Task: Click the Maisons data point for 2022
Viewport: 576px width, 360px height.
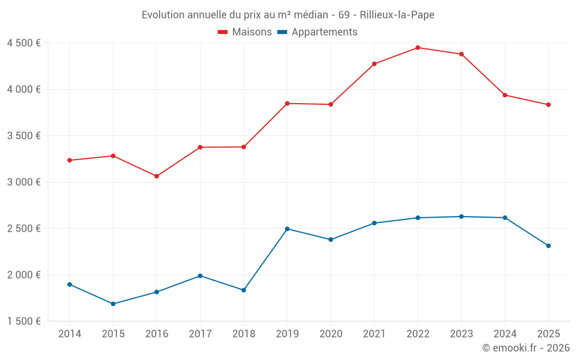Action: point(418,48)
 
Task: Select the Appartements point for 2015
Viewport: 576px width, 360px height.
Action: point(113,304)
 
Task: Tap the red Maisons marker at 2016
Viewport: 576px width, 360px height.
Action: point(157,176)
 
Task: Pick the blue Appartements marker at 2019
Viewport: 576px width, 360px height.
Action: point(287,229)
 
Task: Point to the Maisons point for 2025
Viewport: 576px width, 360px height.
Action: point(548,105)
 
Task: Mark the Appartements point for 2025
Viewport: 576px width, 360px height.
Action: point(548,246)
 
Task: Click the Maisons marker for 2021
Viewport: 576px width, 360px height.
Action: point(374,64)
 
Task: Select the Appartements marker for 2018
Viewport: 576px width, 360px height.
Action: point(244,290)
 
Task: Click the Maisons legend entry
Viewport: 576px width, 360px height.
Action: point(245,32)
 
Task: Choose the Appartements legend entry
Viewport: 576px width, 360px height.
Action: point(317,32)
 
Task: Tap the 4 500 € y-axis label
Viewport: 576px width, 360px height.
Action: point(24,43)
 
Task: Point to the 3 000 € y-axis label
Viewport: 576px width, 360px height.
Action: point(24,182)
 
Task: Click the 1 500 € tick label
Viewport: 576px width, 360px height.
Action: point(24,321)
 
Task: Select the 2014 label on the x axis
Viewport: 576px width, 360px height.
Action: point(70,334)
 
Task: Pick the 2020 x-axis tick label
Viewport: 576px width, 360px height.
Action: point(331,334)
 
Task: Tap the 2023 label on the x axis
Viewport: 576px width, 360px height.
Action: point(461,334)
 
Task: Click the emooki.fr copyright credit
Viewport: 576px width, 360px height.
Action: point(525,348)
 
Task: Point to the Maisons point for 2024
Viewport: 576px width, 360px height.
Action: point(505,95)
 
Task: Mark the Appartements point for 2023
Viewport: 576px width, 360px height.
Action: point(461,217)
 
